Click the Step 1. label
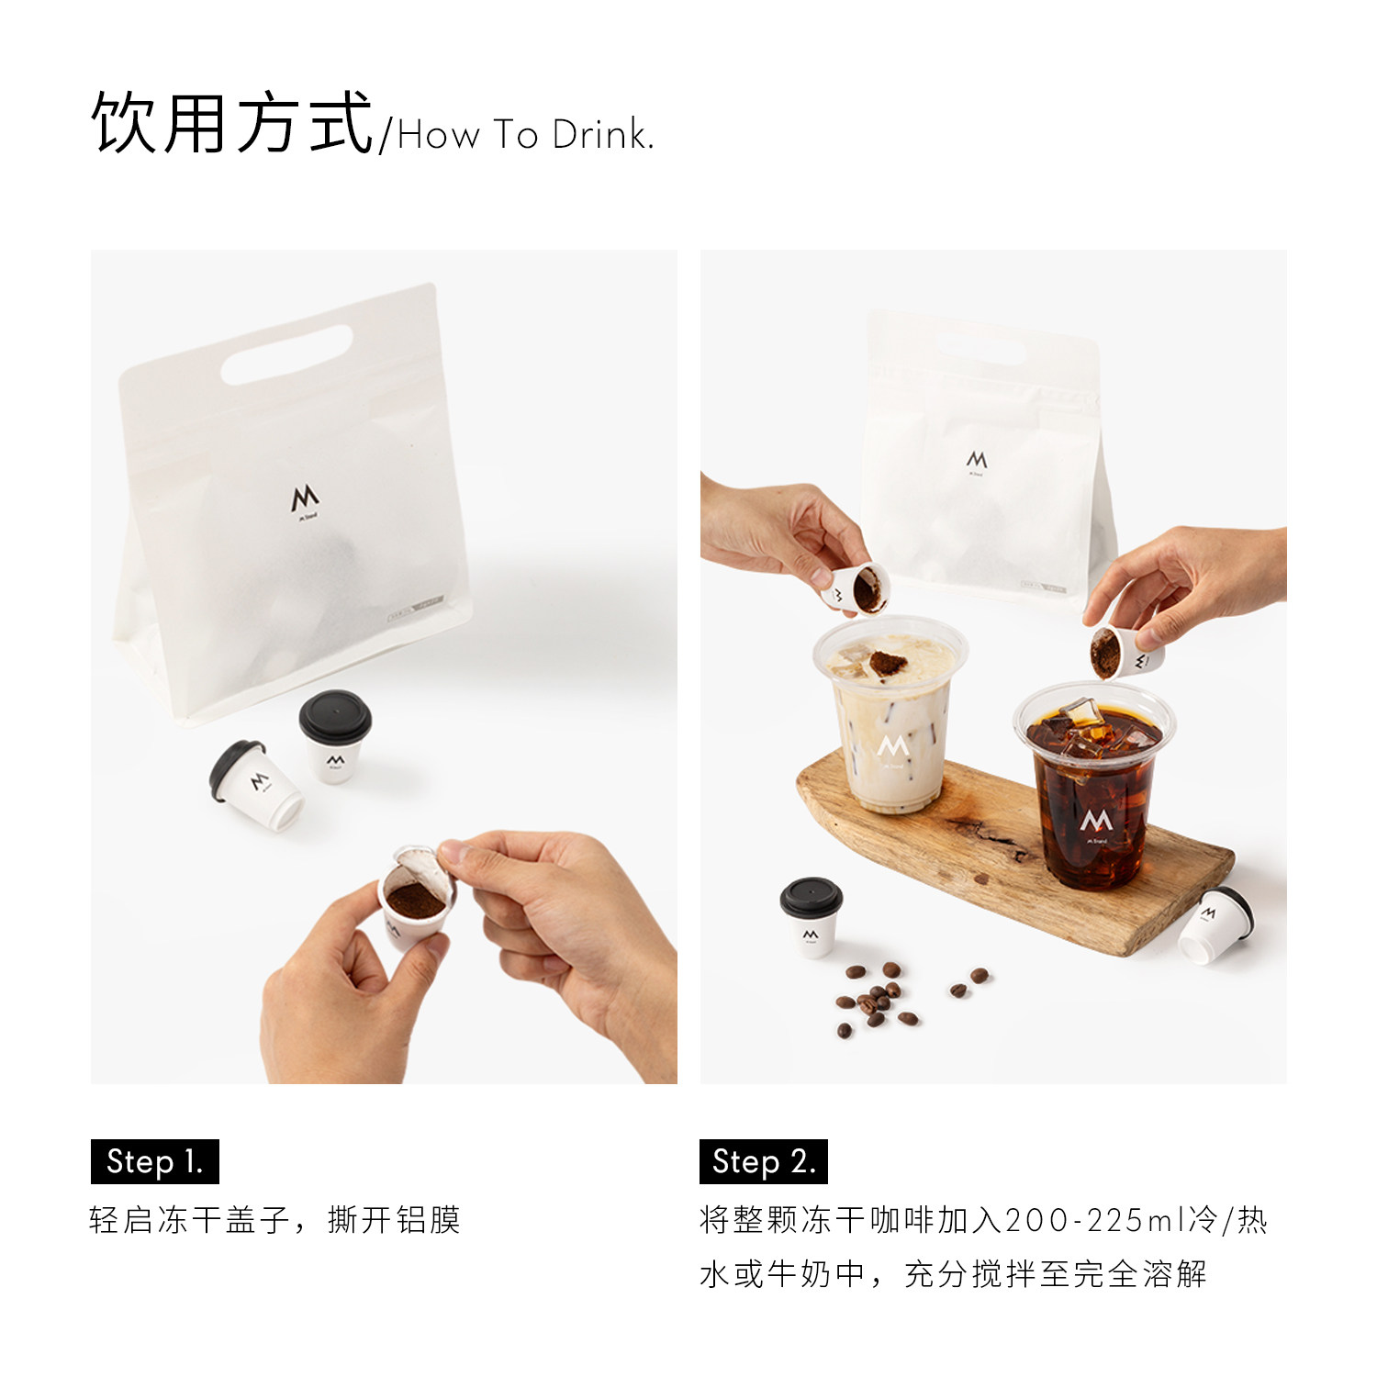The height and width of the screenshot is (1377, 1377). coord(154,1161)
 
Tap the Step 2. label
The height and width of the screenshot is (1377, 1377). coord(764,1161)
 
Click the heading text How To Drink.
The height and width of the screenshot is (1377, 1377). coord(525,135)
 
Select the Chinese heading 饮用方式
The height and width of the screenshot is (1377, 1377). coord(232,122)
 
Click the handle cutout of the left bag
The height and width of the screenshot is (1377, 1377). coord(286,355)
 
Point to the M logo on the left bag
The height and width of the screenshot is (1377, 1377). coord(305,501)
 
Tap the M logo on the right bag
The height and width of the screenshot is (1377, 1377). coord(976,461)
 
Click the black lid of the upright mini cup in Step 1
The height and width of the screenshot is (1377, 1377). coord(335,715)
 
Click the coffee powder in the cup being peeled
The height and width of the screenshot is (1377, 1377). coord(415,899)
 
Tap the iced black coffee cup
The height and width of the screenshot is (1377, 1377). coord(1093,785)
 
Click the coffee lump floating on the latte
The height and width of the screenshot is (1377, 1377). coord(887,663)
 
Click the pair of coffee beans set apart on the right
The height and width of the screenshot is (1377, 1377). coord(968,982)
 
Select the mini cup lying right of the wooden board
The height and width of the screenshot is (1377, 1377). coord(1215,925)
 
